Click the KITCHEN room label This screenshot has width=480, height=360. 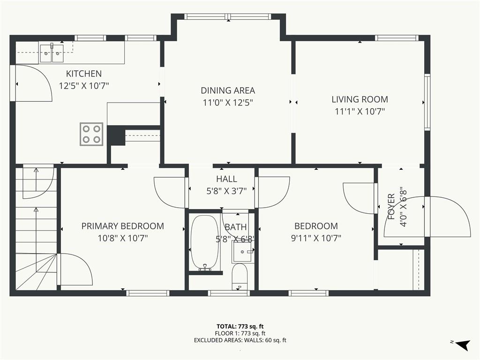[84, 74]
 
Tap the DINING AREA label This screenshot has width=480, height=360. [228, 90]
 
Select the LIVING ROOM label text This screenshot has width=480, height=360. [360, 99]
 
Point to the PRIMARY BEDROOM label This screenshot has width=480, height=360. [122, 226]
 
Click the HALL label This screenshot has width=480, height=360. [226, 179]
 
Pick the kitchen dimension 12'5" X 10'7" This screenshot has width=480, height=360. [84, 86]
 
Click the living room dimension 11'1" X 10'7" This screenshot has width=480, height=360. [360, 112]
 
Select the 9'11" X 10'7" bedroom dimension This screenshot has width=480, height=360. [316, 238]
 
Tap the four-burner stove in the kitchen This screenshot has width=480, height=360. [91, 134]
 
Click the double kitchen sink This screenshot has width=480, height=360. [52, 53]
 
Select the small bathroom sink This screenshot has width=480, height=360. [243, 252]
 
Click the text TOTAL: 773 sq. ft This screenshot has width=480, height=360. [240, 327]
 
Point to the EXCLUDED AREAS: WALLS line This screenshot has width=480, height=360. [240, 340]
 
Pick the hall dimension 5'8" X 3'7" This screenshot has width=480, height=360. [226, 191]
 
